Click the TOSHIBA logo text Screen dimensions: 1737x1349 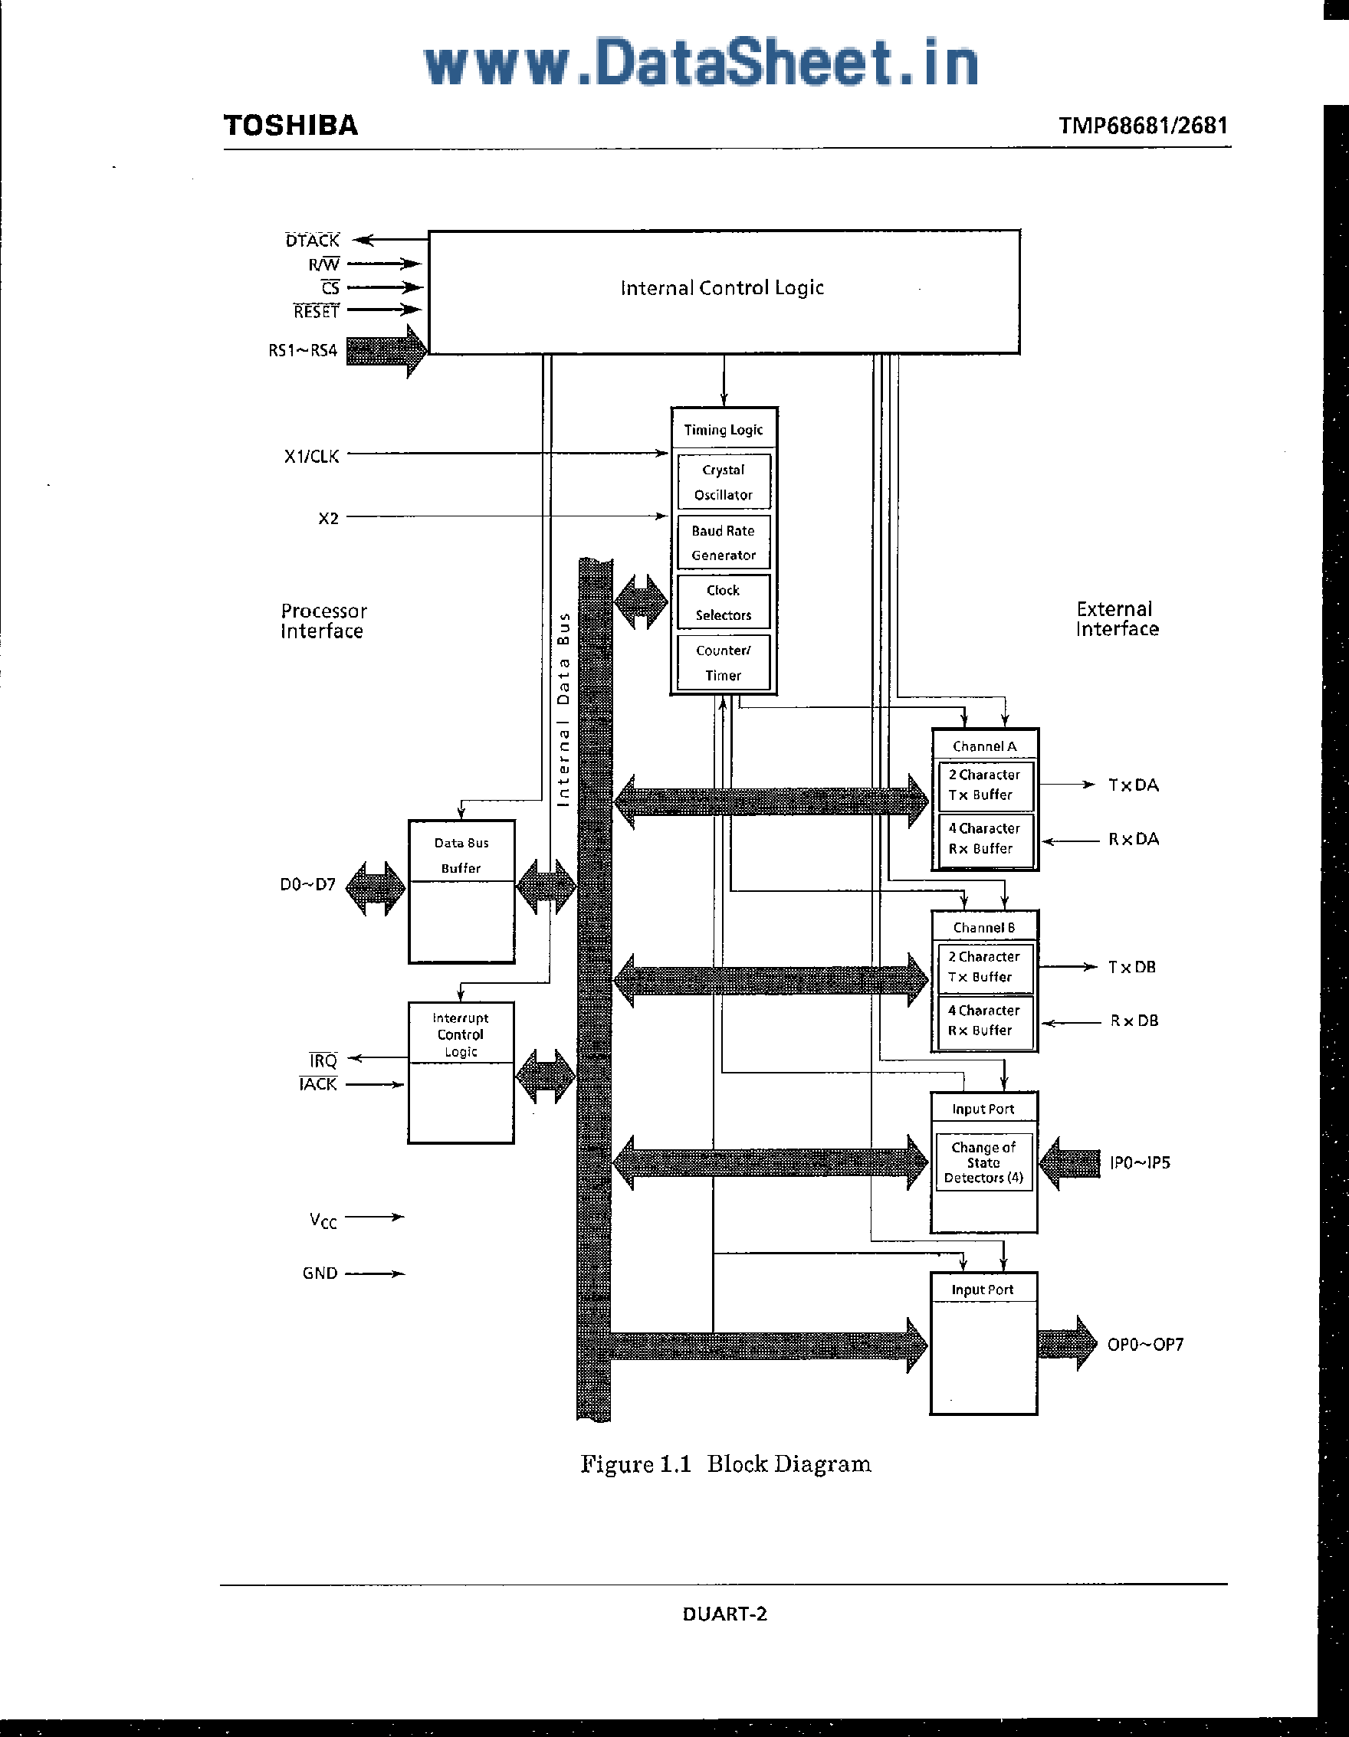pos(290,126)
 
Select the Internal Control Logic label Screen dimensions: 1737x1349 pos(721,288)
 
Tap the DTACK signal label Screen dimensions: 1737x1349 pos(312,240)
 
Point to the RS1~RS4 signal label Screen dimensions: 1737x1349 pos(302,351)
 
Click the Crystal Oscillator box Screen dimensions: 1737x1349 pos(723,482)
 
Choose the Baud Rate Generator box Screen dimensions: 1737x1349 pos(723,542)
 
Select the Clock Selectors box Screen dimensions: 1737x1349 pos(723,602)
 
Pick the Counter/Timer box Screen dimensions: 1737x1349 pos(723,663)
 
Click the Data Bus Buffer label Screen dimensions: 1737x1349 pos(461,855)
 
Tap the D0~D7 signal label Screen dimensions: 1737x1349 pos(307,884)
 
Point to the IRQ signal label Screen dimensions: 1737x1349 pos(323,1060)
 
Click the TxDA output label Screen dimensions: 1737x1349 pos(1134,785)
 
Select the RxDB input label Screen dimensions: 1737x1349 pos(1134,1021)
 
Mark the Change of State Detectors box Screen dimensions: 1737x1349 pos(984,1162)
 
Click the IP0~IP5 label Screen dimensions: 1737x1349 pos(1140,1163)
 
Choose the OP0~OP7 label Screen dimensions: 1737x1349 pos(1145,1344)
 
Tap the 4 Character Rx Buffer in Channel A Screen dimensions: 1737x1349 pos(985,839)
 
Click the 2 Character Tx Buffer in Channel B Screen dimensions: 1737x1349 pos(984,967)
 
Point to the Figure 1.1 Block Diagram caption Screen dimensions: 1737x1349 pos(725,1464)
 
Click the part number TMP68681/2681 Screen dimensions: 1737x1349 pos(1143,126)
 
